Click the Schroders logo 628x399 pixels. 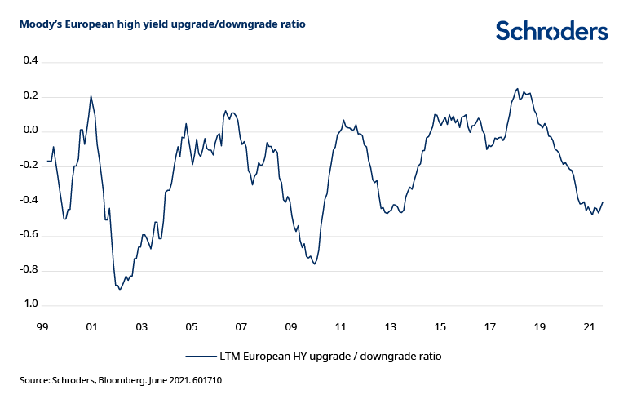pos(551,31)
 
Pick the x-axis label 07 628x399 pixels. pos(241,327)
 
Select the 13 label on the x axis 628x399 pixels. pos(391,327)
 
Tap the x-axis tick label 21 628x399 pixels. pos(590,327)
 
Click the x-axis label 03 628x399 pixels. pos(141,327)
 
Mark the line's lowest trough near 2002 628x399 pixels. pos(120,290)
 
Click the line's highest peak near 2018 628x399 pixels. pos(517,89)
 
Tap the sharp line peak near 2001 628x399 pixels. pos(91,96)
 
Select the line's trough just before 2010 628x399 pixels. pos(314,264)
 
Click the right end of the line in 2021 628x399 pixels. pos(603,202)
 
